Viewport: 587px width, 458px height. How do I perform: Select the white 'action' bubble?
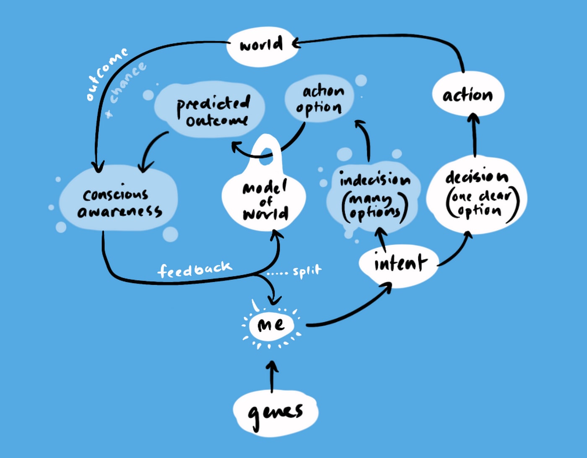468,95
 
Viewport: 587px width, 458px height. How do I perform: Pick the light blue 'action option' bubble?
319,99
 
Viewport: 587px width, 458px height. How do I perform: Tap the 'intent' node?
399,263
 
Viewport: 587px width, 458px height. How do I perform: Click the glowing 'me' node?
271,324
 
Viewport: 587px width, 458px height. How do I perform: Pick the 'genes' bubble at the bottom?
275,413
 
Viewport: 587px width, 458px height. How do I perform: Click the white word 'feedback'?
195,269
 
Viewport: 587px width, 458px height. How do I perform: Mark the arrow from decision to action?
474,134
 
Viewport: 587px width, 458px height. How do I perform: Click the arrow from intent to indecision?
382,239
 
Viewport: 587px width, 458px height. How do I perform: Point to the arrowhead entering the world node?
296,42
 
